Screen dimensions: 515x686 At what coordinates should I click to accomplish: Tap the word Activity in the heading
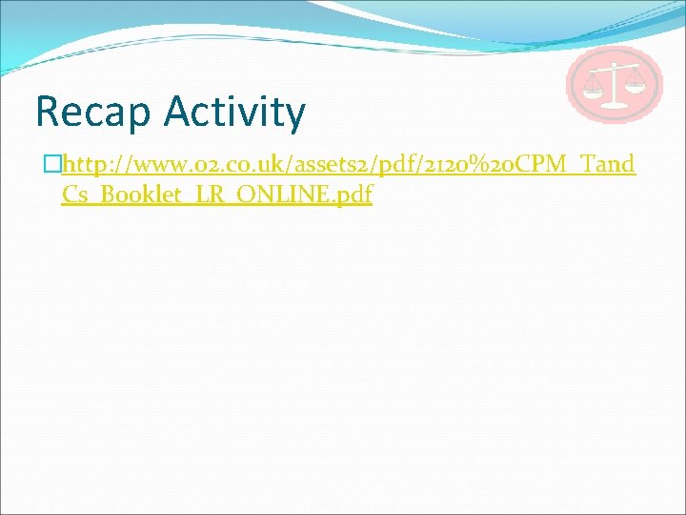click(234, 113)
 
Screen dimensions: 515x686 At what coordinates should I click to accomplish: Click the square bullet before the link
click(53, 165)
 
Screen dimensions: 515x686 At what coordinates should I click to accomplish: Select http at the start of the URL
click(84, 164)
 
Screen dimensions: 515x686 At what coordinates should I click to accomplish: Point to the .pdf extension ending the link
click(349, 195)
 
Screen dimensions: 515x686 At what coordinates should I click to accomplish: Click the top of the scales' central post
click(615, 64)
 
